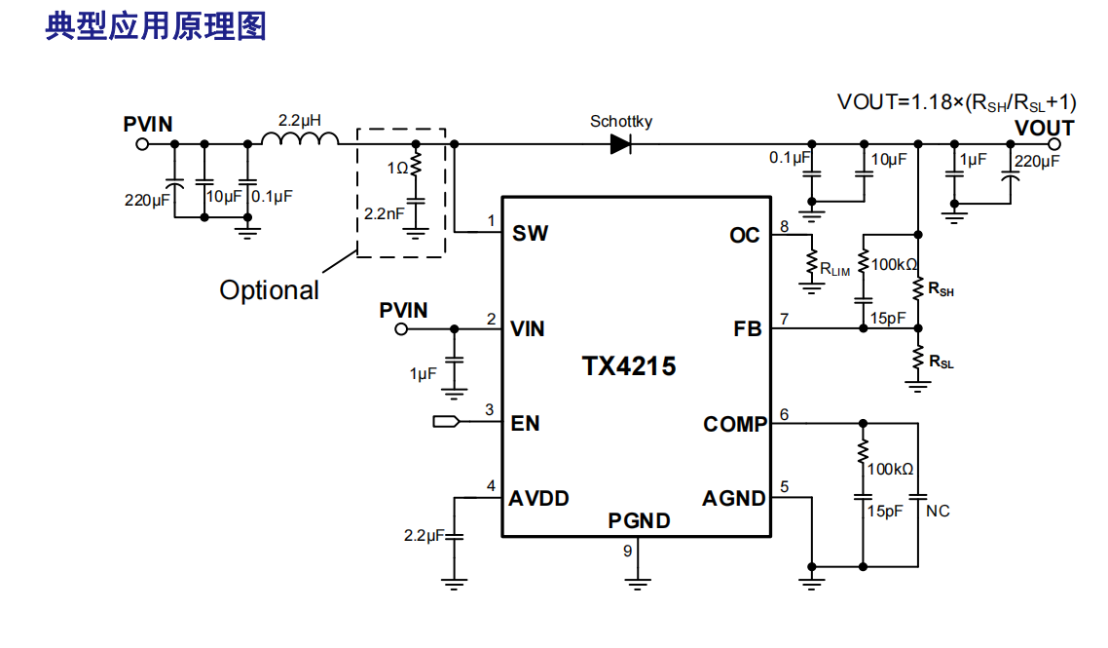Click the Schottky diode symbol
[x=621, y=144]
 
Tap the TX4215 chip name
[x=629, y=366]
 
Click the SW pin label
[x=530, y=234]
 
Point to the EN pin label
[x=525, y=424]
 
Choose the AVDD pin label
[x=538, y=498]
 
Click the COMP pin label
[x=735, y=424]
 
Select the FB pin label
[x=748, y=329]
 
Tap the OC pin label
[x=745, y=235]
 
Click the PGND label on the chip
[x=639, y=521]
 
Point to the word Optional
[x=269, y=289]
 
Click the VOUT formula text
[x=957, y=102]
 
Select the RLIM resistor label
[x=834, y=268]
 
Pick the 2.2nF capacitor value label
[x=384, y=211]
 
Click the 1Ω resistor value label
[x=396, y=168]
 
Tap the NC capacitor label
[x=938, y=511]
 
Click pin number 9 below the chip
[x=628, y=551]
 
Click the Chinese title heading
[x=156, y=26]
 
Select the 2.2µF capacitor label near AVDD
[x=424, y=535]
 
